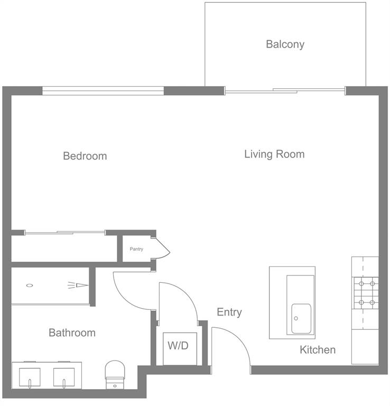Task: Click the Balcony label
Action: [285, 44]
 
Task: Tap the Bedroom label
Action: [85, 156]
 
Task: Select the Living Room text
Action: [274, 154]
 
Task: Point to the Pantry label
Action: [136, 249]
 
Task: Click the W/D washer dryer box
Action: [178, 347]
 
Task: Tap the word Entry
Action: [229, 312]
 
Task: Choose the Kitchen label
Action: [318, 350]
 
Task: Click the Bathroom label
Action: [72, 333]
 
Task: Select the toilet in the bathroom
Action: [114, 373]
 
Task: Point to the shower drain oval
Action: [30, 286]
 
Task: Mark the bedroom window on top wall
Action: [103, 90]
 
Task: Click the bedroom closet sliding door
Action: [64, 232]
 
